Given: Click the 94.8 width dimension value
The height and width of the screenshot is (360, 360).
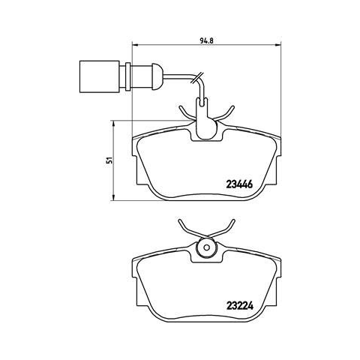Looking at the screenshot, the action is point(206,40).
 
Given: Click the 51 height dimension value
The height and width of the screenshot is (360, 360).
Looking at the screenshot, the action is point(109,160).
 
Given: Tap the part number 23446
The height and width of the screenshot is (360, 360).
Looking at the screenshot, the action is point(239,184).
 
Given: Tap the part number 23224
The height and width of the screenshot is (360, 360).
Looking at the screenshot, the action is point(240,306).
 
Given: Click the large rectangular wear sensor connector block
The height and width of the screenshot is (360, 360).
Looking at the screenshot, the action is point(100,76).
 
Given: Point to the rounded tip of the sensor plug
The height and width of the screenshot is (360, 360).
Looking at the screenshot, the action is point(159,76).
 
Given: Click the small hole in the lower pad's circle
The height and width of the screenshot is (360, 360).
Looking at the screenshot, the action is point(206,247).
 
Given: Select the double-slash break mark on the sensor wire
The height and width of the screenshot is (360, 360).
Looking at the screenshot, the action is point(196,77).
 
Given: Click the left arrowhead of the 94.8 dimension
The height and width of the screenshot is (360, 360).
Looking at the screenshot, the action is point(135,45).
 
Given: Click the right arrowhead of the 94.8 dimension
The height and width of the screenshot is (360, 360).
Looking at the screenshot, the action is point(278,45).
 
